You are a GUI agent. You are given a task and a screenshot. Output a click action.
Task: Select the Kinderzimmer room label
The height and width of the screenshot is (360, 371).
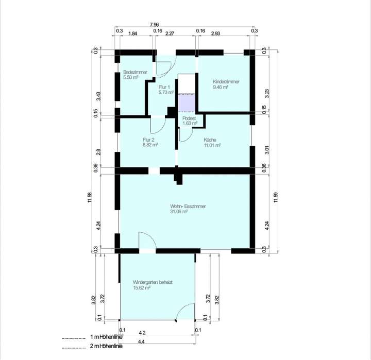coord(226,82)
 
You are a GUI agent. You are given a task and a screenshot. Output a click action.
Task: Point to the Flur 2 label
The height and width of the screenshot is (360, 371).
coord(149,140)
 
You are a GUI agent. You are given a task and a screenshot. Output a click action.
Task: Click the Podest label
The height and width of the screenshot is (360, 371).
coord(190,118)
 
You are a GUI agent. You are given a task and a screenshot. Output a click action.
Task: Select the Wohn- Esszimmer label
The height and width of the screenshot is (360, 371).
coord(188,206)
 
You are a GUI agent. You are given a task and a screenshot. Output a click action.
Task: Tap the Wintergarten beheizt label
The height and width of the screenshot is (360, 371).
coord(153,283)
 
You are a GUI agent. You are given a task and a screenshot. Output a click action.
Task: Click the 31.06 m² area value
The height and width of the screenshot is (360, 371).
coord(178,211)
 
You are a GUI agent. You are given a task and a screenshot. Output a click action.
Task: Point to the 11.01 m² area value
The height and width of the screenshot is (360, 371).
coord(212,145)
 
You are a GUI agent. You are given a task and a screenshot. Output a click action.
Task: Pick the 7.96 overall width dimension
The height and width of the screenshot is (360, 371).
coord(154,24)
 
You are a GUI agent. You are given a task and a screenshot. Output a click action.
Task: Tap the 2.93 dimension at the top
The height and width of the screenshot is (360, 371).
coord(216,33)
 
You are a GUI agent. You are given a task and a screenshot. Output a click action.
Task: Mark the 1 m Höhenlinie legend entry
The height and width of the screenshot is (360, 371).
coord(106,337)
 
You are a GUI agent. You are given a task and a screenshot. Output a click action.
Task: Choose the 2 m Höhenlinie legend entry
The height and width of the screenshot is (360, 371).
coord(106,347)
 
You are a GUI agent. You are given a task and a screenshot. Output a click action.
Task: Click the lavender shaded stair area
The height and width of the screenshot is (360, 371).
coord(187,103)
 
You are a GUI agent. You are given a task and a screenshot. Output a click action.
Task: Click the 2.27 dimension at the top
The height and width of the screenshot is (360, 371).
coord(172,33)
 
